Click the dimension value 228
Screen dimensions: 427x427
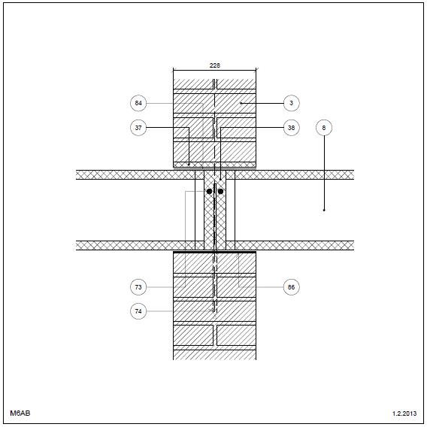point(214,65)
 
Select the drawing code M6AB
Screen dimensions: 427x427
point(20,413)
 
